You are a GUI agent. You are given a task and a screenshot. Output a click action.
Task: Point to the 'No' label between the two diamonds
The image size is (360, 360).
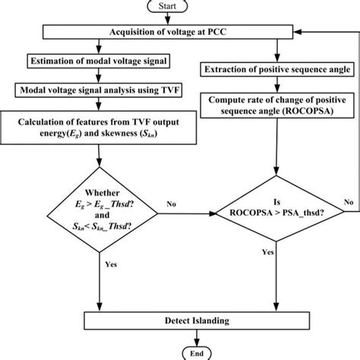(x=174, y=204)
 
